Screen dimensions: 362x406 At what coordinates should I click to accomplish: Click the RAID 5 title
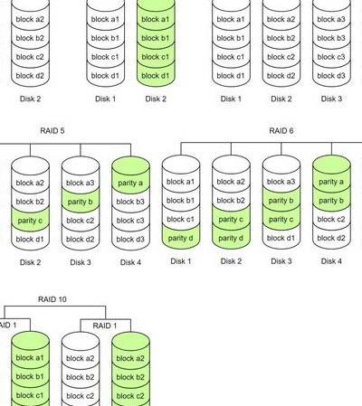pos(52,131)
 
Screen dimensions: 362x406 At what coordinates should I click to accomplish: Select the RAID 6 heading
pos(281,131)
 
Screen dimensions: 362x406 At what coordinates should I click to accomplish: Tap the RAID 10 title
pos(52,299)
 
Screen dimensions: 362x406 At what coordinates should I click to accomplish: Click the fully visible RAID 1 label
pos(105,326)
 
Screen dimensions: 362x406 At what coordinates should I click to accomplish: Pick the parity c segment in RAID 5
pos(30,221)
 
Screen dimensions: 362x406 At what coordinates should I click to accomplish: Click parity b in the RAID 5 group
pos(81,202)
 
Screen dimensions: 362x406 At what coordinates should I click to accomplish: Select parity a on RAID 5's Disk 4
pos(130,183)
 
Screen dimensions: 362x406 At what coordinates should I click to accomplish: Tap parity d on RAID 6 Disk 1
pos(181,238)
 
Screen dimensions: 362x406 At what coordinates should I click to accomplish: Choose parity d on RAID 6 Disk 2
pos(231,238)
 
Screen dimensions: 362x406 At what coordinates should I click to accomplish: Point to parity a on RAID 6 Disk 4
pos(331,182)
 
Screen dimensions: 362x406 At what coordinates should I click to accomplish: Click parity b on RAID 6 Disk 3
pos(281,201)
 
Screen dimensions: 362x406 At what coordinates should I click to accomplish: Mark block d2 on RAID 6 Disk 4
pos(331,238)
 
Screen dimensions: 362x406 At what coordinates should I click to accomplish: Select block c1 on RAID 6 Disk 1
pos(181,219)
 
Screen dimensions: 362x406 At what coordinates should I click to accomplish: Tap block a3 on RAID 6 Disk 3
pos(281,182)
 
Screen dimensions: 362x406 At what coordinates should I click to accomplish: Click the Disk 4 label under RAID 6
pos(331,261)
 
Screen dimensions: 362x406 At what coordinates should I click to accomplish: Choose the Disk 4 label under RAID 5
pos(130,262)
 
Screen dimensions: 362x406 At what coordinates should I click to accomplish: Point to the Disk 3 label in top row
pos(331,99)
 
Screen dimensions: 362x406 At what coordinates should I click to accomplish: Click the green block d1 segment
pos(156,76)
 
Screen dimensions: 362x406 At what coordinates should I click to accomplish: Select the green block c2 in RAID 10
pos(130,395)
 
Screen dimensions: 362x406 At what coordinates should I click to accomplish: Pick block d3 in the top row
pos(331,76)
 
